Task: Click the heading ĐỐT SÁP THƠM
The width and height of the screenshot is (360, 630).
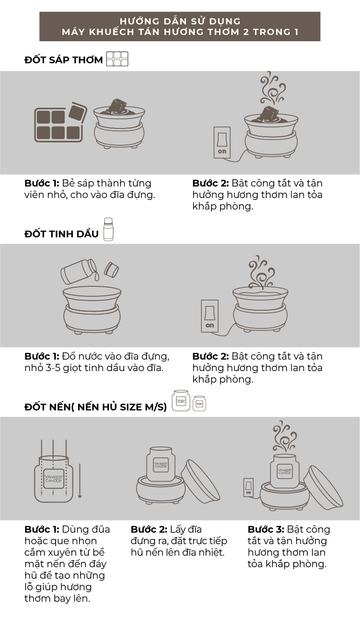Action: tap(64, 60)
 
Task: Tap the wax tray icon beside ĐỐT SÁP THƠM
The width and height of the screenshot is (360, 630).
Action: tap(117, 59)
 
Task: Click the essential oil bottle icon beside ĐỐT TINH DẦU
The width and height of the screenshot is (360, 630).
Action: tap(108, 229)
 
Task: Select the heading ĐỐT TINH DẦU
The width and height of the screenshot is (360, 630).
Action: tap(61, 233)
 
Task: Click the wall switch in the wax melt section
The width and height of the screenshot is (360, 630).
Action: tap(222, 142)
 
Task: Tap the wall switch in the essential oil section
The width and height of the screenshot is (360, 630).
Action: tap(210, 316)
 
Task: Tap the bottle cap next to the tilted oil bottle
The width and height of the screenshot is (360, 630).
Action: tap(111, 270)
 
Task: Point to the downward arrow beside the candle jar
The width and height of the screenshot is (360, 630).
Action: tap(80, 481)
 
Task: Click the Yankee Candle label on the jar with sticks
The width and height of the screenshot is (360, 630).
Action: tap(53, 478)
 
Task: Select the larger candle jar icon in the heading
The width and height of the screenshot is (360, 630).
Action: tap(181, 401)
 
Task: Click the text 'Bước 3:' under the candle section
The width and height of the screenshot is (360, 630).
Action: tap(266, 529)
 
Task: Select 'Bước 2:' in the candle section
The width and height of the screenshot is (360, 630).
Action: tap(149, 529)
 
